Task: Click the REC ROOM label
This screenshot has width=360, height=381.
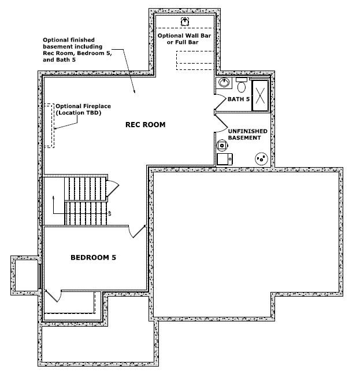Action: pos(145,125)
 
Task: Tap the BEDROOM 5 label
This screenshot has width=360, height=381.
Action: pos(93,257)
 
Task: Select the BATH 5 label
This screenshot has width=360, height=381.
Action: pos(239,99)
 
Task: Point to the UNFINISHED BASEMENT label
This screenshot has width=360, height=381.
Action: pos(247,134)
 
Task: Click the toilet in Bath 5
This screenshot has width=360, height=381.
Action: pos(241,85)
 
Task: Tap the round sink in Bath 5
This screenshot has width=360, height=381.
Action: pos(224,82)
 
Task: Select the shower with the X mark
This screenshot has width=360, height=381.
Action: pos(260,95)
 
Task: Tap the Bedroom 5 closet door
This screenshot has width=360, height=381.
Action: pos(55,296)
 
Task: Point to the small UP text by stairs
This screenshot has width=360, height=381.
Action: pos(110,213)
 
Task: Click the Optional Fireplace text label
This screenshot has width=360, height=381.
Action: pos(83,109)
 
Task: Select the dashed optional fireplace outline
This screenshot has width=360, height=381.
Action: pos(49,125)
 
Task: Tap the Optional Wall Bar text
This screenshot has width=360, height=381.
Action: pos(184,39)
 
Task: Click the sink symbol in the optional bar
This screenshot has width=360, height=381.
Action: pos(185,21)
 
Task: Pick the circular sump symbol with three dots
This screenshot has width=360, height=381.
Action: pos(261,159)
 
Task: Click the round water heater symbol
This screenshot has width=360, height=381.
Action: pos(222,145)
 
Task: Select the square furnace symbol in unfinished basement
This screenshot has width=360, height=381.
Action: pos(225,159)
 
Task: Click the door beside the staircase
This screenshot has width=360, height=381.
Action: pos(113,188)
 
